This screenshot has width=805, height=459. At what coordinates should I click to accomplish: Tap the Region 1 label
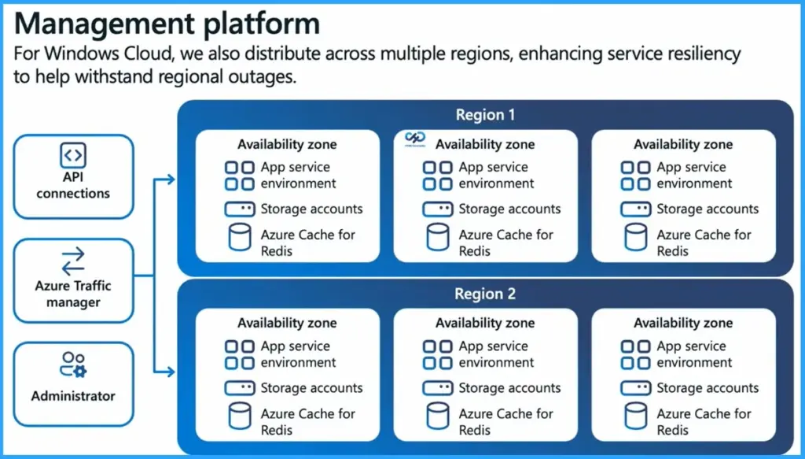[x=485, y=115]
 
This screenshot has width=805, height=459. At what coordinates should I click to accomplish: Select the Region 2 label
[x=485, y=294]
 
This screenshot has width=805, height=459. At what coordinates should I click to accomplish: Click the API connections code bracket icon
[x=73, y=154]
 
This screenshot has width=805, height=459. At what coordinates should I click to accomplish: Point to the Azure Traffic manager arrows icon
[x=73, y=261]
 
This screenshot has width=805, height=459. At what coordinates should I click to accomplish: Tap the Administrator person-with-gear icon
[x=73, y=365]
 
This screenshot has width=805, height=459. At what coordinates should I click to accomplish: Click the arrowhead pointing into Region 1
[x=171, y=180]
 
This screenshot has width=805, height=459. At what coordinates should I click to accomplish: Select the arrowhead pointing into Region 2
[x=171, y=371]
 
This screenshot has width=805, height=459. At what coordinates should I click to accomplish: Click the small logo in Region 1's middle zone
[x=414, y=139]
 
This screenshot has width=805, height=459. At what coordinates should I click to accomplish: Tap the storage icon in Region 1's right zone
[x=635, y=209]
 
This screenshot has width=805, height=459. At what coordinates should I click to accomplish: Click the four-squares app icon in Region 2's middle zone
[x=437, y=354]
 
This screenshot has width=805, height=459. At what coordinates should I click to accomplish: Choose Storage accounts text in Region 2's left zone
[x=311, y=388]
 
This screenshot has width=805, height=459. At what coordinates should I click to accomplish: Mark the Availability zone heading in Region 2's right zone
[x=683, y=323]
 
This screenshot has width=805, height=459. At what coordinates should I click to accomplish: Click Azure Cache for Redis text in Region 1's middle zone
[x=505, y=242]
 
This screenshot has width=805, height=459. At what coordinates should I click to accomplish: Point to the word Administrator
[x=73, y=396]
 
